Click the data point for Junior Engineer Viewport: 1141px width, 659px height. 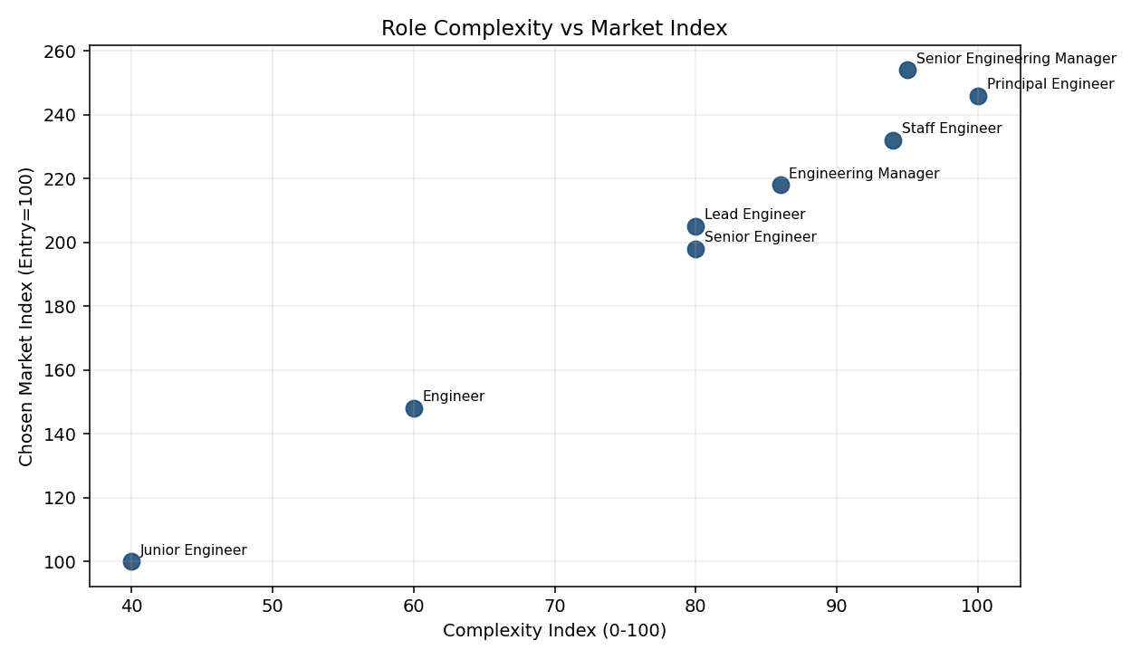131,561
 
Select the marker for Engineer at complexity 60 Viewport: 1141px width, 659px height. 414,408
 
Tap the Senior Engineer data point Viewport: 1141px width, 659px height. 695,249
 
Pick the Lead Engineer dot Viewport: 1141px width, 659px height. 695,226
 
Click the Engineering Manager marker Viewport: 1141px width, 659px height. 781,185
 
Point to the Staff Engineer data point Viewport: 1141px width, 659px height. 893,140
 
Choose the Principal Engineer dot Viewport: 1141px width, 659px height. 978,96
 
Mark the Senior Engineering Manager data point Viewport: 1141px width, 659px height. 907,70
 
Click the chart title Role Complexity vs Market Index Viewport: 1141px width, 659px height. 554,28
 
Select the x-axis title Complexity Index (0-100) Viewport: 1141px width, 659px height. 554,631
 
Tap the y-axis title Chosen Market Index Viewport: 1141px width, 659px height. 26,316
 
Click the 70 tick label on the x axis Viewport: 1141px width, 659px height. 554,604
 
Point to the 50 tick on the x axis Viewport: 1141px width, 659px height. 273,604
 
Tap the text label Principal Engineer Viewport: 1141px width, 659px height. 1050,84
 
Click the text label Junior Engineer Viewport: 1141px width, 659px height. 193,550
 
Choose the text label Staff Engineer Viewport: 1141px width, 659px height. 952,129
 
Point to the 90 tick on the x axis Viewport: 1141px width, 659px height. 837,604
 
